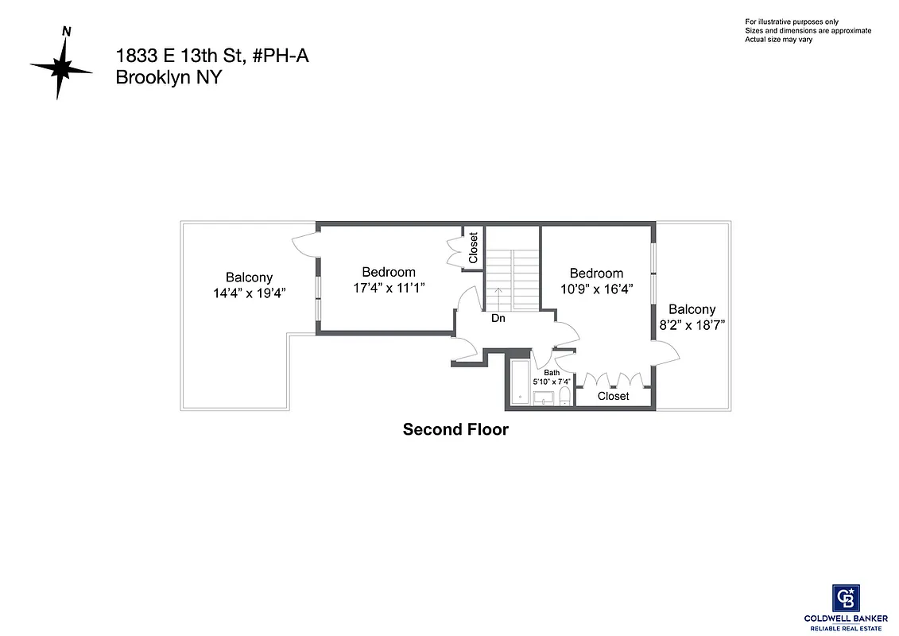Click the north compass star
click(x=61, y=68)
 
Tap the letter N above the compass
click(x=67, y=32)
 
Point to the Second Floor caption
click(x=455, y=430)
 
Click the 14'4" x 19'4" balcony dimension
click(x=249, y=293)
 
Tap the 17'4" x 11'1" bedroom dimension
click(x=389, y=288)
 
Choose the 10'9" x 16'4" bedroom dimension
click(x=596, y=289)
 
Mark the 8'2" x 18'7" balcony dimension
click(x=692, y=325)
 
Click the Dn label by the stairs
click(x=498, y=318)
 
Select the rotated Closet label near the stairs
click(x=474, y=248)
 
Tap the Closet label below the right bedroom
click(x=613, y=396)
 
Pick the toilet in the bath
click(x=564, y=397)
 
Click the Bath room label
click(x=552, y=372)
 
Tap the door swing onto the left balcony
click(x=304, y=245)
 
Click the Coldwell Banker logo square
click(x=846, y=598)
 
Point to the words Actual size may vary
click(x=778, y=39)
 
